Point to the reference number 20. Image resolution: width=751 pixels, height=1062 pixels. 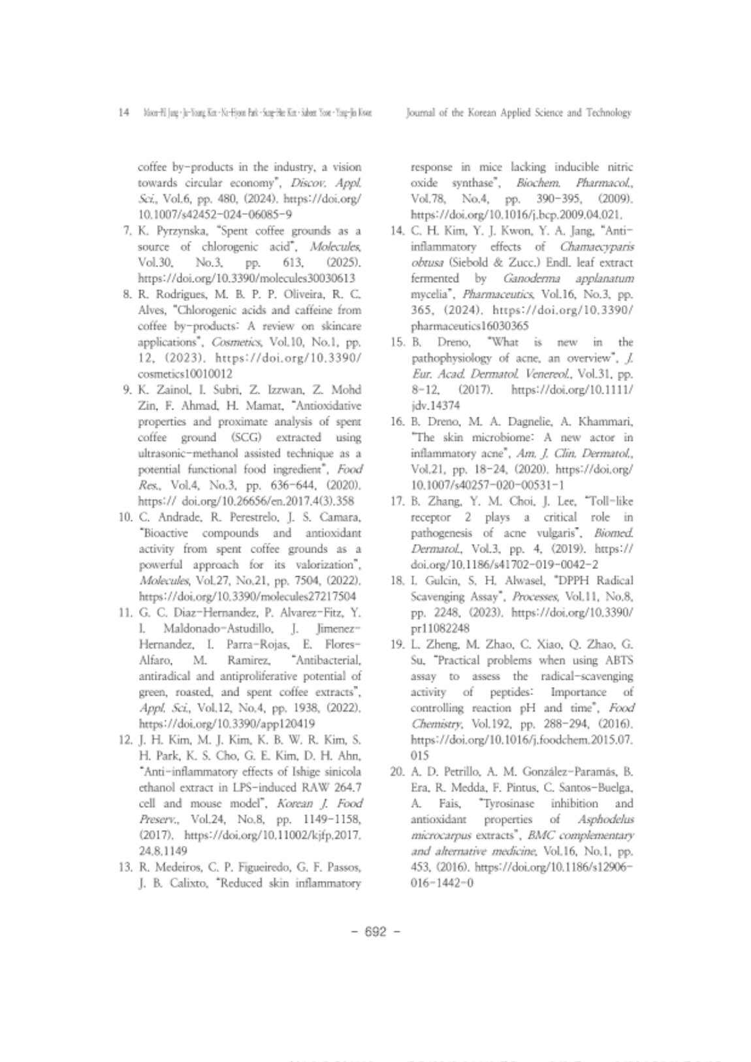point(396,772)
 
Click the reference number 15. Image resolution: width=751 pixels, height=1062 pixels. point(396,342)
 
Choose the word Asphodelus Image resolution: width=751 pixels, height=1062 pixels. point(605,819)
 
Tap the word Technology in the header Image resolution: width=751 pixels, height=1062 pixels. point(609,113)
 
